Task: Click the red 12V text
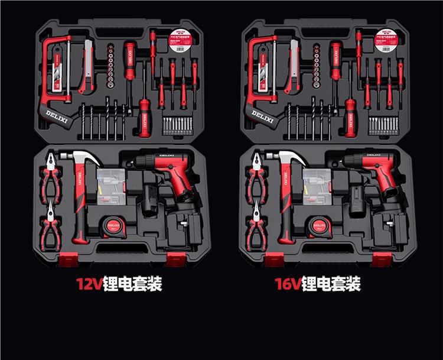(89, 284)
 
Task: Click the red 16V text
(288, 284)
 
